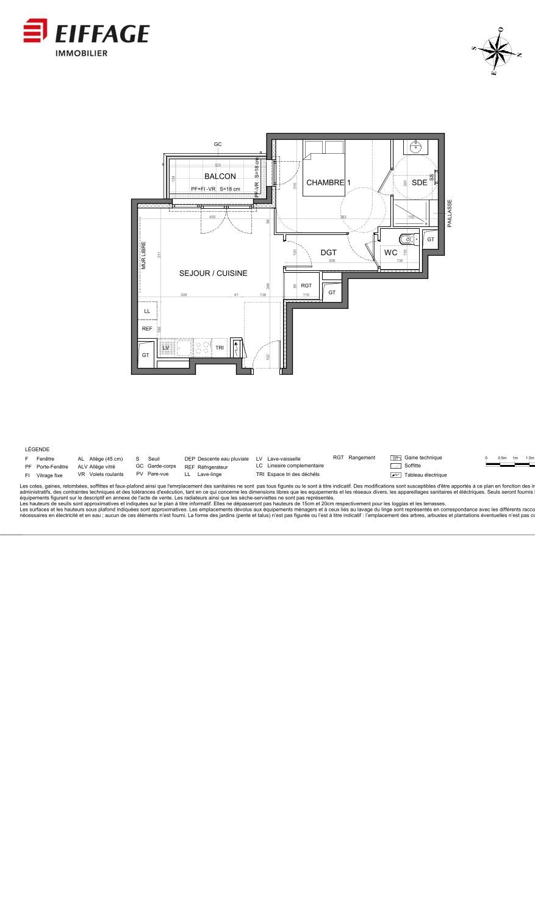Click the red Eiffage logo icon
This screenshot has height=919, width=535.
click(35, 31)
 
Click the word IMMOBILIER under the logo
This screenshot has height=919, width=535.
click(81, 54)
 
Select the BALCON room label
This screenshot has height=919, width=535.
click(220, 176)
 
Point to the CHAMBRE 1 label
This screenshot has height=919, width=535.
click(328, 182)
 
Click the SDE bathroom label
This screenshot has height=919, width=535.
click(419, 182)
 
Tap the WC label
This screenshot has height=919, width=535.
click(390, 252)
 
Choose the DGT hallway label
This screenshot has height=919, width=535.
click(328, 252)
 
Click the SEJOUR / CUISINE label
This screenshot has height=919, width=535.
click(213, 273)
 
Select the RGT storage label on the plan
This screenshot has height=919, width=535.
click(306, 286)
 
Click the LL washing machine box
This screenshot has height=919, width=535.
click(147, 311)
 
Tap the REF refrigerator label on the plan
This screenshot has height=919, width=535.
click(147, 328)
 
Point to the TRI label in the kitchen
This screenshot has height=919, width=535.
click(220, 348)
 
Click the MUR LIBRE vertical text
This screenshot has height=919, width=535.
click(144, 256)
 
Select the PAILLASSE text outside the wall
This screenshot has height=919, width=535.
click(450, 213)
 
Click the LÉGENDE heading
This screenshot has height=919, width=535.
click(37, 449)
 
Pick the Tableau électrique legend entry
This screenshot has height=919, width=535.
click(425, 475)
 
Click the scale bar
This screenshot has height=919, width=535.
click(509, 464)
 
